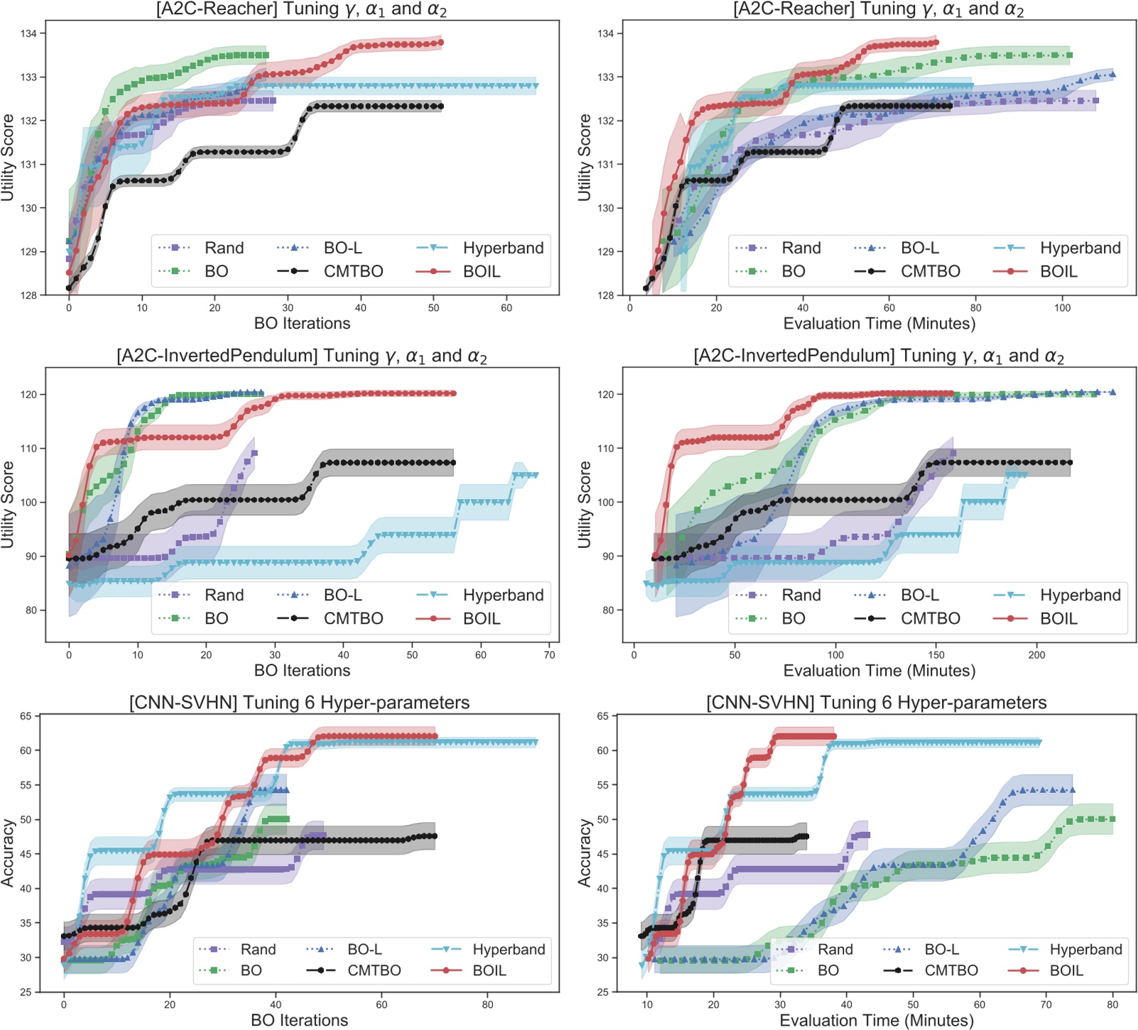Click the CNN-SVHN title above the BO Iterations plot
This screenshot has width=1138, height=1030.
coord(299,703)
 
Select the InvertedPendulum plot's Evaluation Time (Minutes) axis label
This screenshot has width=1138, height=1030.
coord(879,671)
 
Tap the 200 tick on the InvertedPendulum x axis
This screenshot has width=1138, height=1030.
coord(1036,655)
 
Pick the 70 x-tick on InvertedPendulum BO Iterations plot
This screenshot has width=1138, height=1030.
coord(549,655)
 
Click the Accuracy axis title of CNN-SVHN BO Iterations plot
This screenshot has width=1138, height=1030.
coord(9,853)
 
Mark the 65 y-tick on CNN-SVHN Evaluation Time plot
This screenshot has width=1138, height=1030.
coord(602,716)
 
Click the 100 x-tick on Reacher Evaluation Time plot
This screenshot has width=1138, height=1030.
coord(1062,308)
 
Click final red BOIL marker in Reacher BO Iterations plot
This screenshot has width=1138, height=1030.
coord(441,43)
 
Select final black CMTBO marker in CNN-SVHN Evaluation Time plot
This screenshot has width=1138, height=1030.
coord(806,836)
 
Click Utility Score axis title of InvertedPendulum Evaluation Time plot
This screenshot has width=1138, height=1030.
coord(585,505)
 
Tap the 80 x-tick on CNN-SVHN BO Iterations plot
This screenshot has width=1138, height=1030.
coord(487,1004)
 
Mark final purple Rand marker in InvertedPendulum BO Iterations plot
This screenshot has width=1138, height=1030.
coord(254,453)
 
